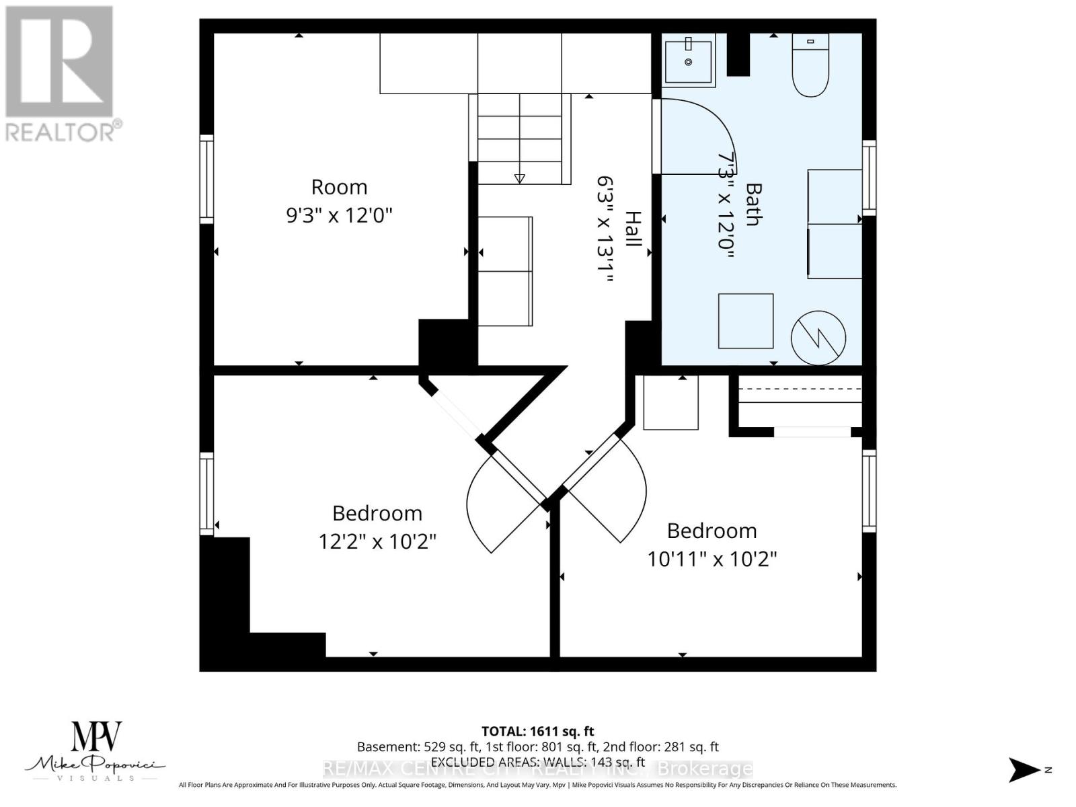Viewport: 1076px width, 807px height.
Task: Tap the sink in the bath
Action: point(688,61)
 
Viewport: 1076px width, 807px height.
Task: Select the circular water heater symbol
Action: point(818,338)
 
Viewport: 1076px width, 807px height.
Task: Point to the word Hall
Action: point(633,229)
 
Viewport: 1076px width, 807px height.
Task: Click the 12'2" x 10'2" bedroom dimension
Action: point(377,541)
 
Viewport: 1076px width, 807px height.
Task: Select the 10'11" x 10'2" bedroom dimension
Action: point(712,559)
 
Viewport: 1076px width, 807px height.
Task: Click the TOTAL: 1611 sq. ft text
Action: point(537,731)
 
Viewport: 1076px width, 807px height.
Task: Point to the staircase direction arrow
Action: point(519,178)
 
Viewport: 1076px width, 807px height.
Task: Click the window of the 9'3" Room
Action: point(206,180)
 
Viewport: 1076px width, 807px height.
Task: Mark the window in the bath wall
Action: point(869,178)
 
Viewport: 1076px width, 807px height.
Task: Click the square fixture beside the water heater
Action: point(745,321)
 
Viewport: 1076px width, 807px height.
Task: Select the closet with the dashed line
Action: point(800,397)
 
